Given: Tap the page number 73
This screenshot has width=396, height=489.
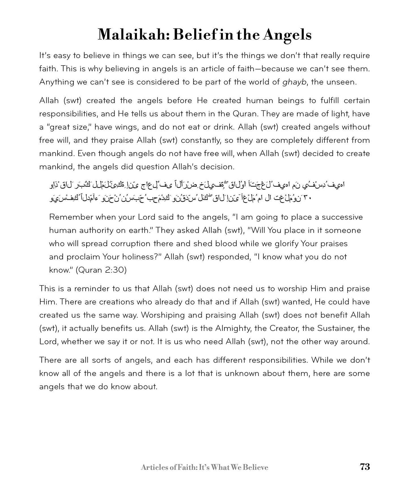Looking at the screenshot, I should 365,467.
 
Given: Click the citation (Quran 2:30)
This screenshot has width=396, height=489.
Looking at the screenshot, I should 101,270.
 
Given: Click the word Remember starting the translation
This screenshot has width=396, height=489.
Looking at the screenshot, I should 71,217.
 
